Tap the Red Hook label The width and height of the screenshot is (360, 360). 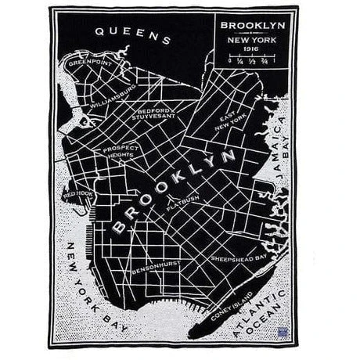pyautogui.click(x=78, y=193)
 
